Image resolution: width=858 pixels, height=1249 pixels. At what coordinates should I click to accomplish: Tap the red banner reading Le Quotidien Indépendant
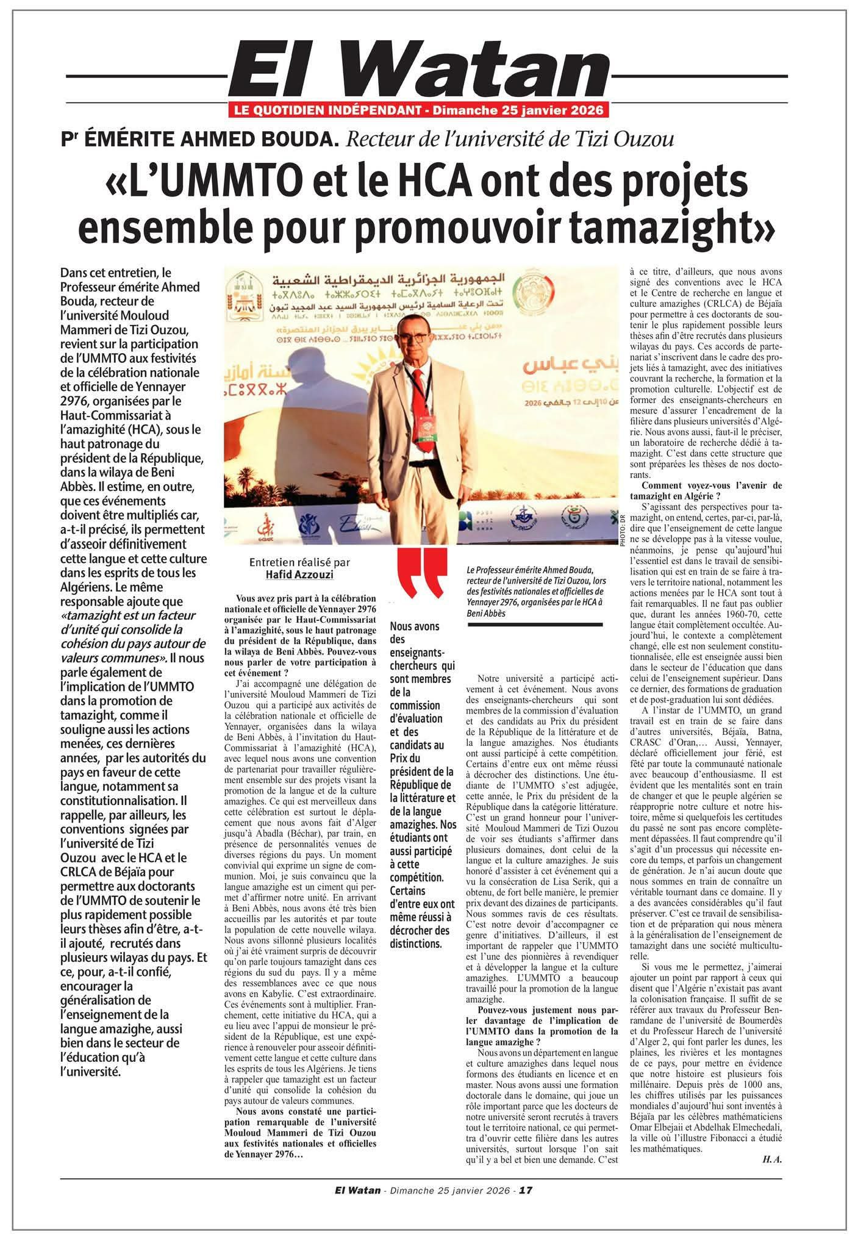click(418, 110)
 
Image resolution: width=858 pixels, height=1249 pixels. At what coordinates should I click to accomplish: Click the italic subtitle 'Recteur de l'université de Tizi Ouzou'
click(510, 140)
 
